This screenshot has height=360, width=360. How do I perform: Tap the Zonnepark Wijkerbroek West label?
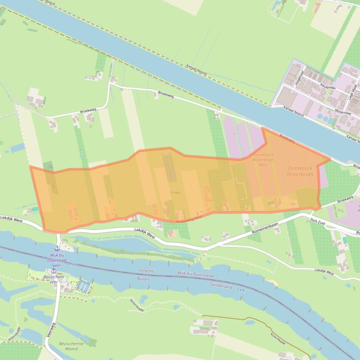tap(263, 159)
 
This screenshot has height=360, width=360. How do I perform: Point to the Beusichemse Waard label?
tap(71, 346)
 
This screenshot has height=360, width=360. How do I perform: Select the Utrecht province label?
tap(146, 271)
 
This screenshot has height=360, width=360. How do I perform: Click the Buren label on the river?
tap(143, 279)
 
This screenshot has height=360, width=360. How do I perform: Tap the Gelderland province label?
tap(221, 286)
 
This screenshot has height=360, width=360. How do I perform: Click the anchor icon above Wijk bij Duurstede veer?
tap(57, 248)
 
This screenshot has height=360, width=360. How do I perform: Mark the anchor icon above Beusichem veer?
tap(53, 271)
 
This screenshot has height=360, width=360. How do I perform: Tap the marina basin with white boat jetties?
tap(85, 285)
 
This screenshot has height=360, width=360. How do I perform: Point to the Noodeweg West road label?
tap(189, 218)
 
